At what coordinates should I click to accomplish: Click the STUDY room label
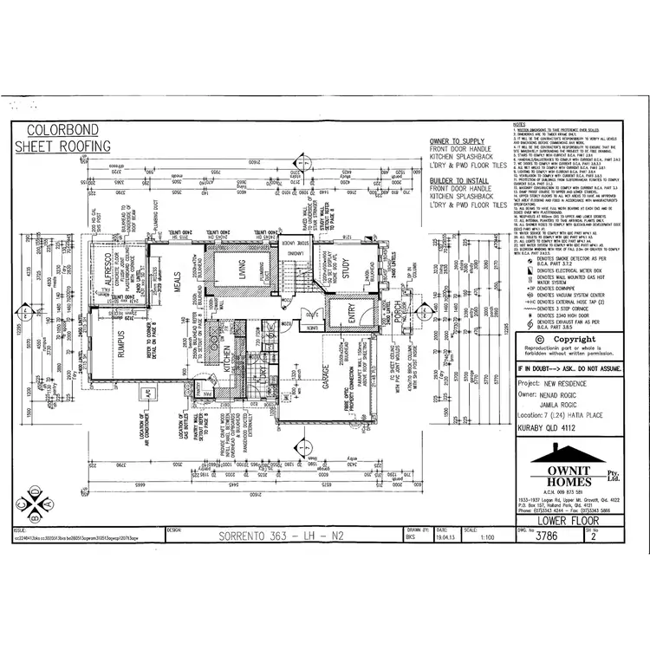pos(344,275)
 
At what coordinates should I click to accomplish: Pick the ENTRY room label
pos(352,322)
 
